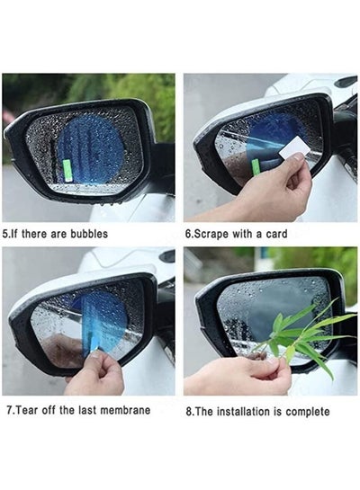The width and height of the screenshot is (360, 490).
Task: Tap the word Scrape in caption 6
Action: pyautogui.click(x=211, y=234)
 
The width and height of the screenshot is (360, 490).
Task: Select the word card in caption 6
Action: pyautogui.click(x=276, y=234)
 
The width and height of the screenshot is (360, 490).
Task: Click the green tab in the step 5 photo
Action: pyautogui.click(x=67, y=171)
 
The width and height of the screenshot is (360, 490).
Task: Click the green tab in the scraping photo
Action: pyautogui.click(x=256, y=167)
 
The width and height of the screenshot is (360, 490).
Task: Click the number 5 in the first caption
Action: pyautogui.click(x=4, y=234)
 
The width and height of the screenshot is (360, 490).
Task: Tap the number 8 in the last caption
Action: pyautogui.click(x=188, y=412)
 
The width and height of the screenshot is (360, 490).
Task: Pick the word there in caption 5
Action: pyautogui.click(x=35, y=234)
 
